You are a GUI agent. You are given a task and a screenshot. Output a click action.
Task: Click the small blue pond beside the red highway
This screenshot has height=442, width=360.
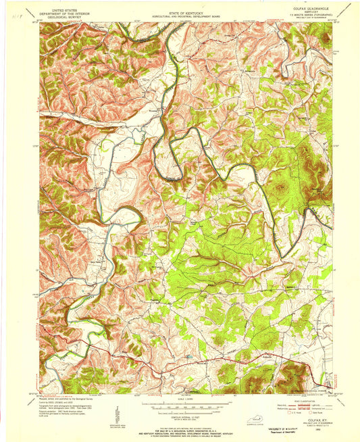coord(188,355)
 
